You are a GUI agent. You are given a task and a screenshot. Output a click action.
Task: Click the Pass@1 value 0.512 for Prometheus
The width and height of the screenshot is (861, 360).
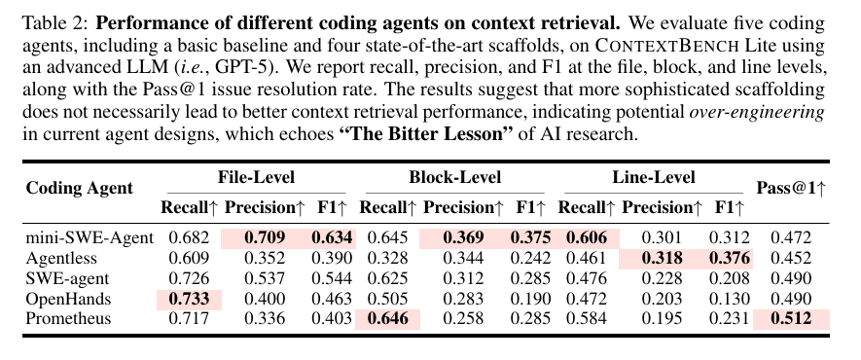[x=791, y=319]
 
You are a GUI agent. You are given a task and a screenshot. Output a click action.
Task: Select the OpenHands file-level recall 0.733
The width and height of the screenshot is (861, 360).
[x=190, y=299]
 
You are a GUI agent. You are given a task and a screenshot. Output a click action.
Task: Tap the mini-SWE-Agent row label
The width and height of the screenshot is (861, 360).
[x=90, y=238]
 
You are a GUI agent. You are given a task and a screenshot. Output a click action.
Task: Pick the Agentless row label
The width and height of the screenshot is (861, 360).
[x=61, y=259]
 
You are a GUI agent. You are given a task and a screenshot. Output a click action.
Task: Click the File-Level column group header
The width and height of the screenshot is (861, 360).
[x=257, y=177]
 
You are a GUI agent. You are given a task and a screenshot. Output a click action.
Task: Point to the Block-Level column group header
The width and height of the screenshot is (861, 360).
[x=454, y=177]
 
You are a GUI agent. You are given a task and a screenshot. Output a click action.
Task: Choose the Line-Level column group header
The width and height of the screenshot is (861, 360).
[x=654, y=177]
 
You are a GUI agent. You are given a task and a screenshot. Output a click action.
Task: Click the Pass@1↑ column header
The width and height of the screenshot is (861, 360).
[x=791, y=188]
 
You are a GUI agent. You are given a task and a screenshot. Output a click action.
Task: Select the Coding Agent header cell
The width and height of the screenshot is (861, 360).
[x=80, y=188]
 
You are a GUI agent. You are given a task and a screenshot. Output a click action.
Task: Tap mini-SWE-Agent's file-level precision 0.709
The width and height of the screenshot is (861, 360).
[x=265, y=238]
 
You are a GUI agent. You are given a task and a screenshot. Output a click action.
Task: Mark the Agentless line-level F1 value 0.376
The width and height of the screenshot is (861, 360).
[x=730, y=259]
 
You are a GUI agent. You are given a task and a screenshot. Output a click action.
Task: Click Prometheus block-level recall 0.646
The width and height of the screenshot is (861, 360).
[x=388, y=319]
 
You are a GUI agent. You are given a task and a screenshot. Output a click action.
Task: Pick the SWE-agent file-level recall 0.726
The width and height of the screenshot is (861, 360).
[x=190, y=279]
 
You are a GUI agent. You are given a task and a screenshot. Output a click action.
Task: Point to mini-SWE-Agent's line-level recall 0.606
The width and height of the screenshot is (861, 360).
[x=587, y=238]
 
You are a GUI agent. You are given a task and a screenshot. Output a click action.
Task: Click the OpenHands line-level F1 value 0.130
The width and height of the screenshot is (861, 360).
[x=730, y=299]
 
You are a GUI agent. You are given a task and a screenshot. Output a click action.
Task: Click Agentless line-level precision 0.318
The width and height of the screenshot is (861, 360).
[x=662, y=259]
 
